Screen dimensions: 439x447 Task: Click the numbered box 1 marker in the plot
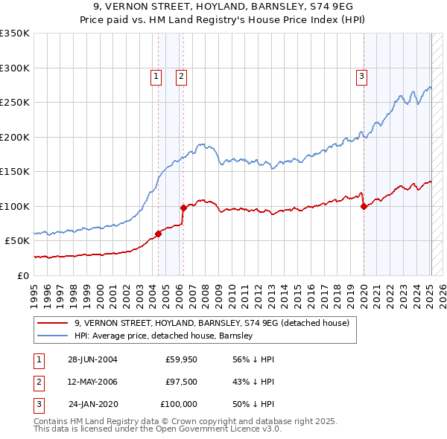[156, 75]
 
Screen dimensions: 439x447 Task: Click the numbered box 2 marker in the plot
[181, 75]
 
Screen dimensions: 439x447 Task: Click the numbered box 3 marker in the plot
[361, 75]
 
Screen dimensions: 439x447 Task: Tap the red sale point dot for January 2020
[364, 207]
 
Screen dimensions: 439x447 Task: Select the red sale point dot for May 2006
[183, 208]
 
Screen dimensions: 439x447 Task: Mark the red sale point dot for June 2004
[158, 234]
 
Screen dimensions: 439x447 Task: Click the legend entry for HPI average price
[164, 336]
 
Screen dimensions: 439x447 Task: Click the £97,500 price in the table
[182, 382]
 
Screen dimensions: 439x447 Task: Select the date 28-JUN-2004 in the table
[92, 359]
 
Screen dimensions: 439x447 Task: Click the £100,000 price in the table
[179, 404]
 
